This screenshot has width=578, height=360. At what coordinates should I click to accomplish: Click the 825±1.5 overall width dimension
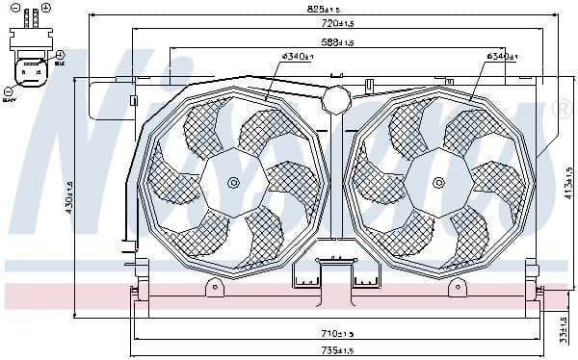(x=321, y=9)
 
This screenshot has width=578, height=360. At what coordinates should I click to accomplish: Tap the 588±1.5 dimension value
(x=336, y=43)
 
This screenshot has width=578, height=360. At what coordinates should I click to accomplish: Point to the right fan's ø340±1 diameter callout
(x=503, y=57)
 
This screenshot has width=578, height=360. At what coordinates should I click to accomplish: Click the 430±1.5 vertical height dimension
(x=68, y=199)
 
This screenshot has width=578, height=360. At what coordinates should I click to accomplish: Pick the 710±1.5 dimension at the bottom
(x=338, y=333)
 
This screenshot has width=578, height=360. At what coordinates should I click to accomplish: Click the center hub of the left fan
(x=231, y=183)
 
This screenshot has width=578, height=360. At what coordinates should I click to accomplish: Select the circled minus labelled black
(x=5, y=88)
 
